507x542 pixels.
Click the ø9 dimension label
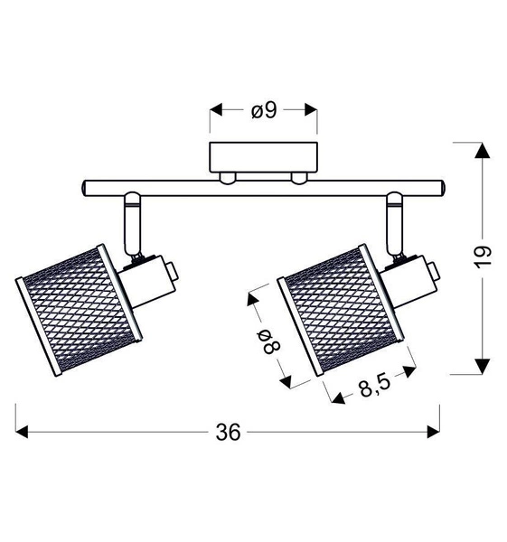pos(264,111)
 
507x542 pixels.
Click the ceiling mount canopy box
pos(264,156)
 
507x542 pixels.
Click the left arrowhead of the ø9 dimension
pos(216,111)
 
